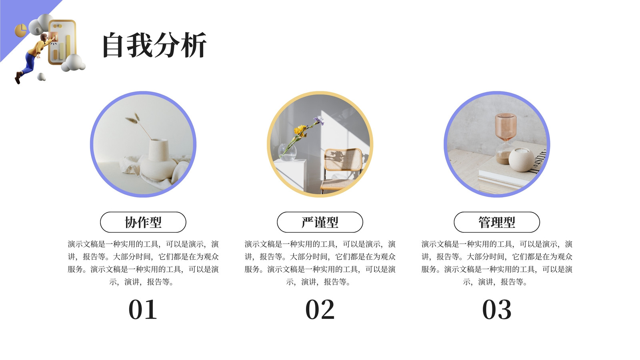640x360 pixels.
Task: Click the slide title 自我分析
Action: click(154, 45)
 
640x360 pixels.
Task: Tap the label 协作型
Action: click(143, 222)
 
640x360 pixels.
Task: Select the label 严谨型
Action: click(320, 222)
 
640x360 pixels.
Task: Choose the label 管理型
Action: click(497, 222)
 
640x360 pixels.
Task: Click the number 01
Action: click(143, 310)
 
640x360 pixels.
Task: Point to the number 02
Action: click(320, 310)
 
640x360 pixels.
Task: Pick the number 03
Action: click(497, 310)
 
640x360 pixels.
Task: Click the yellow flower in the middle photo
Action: click(300, 130)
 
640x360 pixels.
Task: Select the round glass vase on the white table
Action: click(287, 152)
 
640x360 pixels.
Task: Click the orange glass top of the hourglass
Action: click(506, 126)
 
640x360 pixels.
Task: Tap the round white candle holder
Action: click(521, 160)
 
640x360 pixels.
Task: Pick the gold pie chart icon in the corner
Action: click(20, 30)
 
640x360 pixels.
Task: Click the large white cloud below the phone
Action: click(73, 63)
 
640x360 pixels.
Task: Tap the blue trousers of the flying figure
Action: click(28, 64)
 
